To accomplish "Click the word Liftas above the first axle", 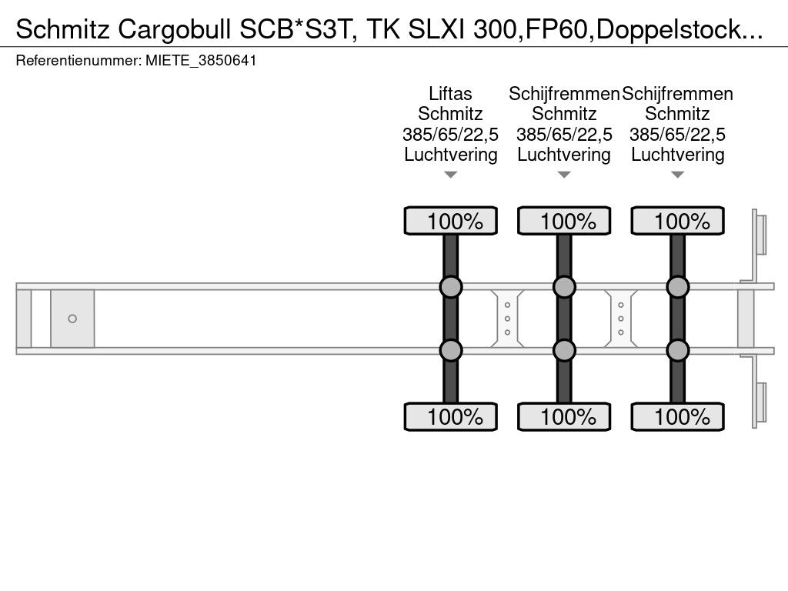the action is tap(450, 94).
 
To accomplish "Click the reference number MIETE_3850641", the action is tap(201, 61).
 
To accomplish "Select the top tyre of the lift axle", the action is tap(451, 221).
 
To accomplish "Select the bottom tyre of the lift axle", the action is tap(451, 416).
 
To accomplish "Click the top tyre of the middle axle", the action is tap(564, 221).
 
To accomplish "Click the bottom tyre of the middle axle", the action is tap(564, 416).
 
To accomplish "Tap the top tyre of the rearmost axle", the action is tap(677, 221).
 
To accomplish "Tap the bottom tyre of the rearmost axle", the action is tap(677, 416).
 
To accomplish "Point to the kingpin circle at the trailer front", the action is tap(72, 319).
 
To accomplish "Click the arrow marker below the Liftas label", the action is tap(451, 175).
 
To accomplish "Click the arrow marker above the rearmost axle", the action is tap(677, 175).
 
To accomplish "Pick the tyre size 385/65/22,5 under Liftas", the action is tap(450, 135).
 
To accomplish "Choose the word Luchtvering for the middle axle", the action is tap(564, 155).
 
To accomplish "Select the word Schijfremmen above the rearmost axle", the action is tap(677, 94).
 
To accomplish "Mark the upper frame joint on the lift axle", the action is tap(451, 287).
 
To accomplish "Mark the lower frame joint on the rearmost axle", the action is tap(677, 350).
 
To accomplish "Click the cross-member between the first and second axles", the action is tap(508, 319).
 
